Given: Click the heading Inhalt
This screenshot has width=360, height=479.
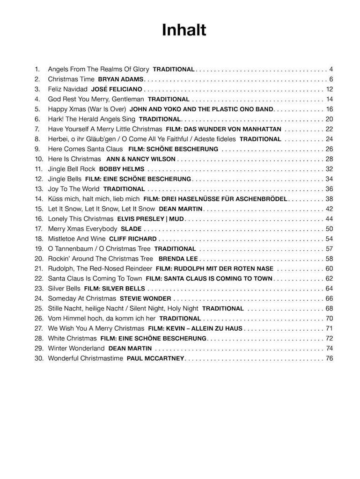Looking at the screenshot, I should pyautogui.click(x=184, y=30).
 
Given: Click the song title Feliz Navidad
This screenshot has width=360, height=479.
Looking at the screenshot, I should pyautogui.click(x=68, y=89).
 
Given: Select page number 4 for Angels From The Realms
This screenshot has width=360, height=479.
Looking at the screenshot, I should pyautogui.click(x=331, y=69).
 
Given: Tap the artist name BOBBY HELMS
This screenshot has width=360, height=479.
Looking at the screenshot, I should pyautogui.click(x=122, y=169).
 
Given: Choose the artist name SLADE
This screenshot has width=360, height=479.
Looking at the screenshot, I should pyautogui.click(x=131, y=229).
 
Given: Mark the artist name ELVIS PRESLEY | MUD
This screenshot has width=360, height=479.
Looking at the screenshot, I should pyautogui.click(x=151, y=219).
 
